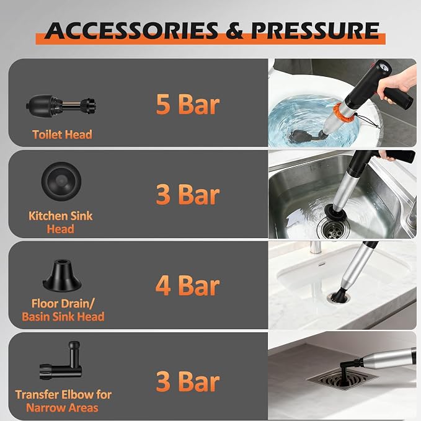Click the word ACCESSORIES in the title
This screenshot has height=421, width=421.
pos(131,31)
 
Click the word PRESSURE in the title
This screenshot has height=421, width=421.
pos(315,31)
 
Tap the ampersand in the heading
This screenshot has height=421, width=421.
pos(234,31)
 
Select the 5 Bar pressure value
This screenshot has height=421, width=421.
pos(188,104)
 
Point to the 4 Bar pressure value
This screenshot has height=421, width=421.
pos(188,286)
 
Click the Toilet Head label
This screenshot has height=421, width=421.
pos(62,135)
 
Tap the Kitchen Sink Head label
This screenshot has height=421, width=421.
pos(60,223)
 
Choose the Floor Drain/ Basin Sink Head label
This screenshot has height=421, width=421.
pos(63,310)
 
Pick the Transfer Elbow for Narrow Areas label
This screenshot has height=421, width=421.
pos(63,401)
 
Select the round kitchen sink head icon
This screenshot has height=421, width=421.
pos(61,181)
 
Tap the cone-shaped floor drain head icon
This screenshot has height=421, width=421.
pos(62,276)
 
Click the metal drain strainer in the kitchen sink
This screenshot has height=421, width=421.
pos(333,229)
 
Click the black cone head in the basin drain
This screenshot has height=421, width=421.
pos(339,295)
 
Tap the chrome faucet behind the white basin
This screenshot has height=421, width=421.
pos(315,247)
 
